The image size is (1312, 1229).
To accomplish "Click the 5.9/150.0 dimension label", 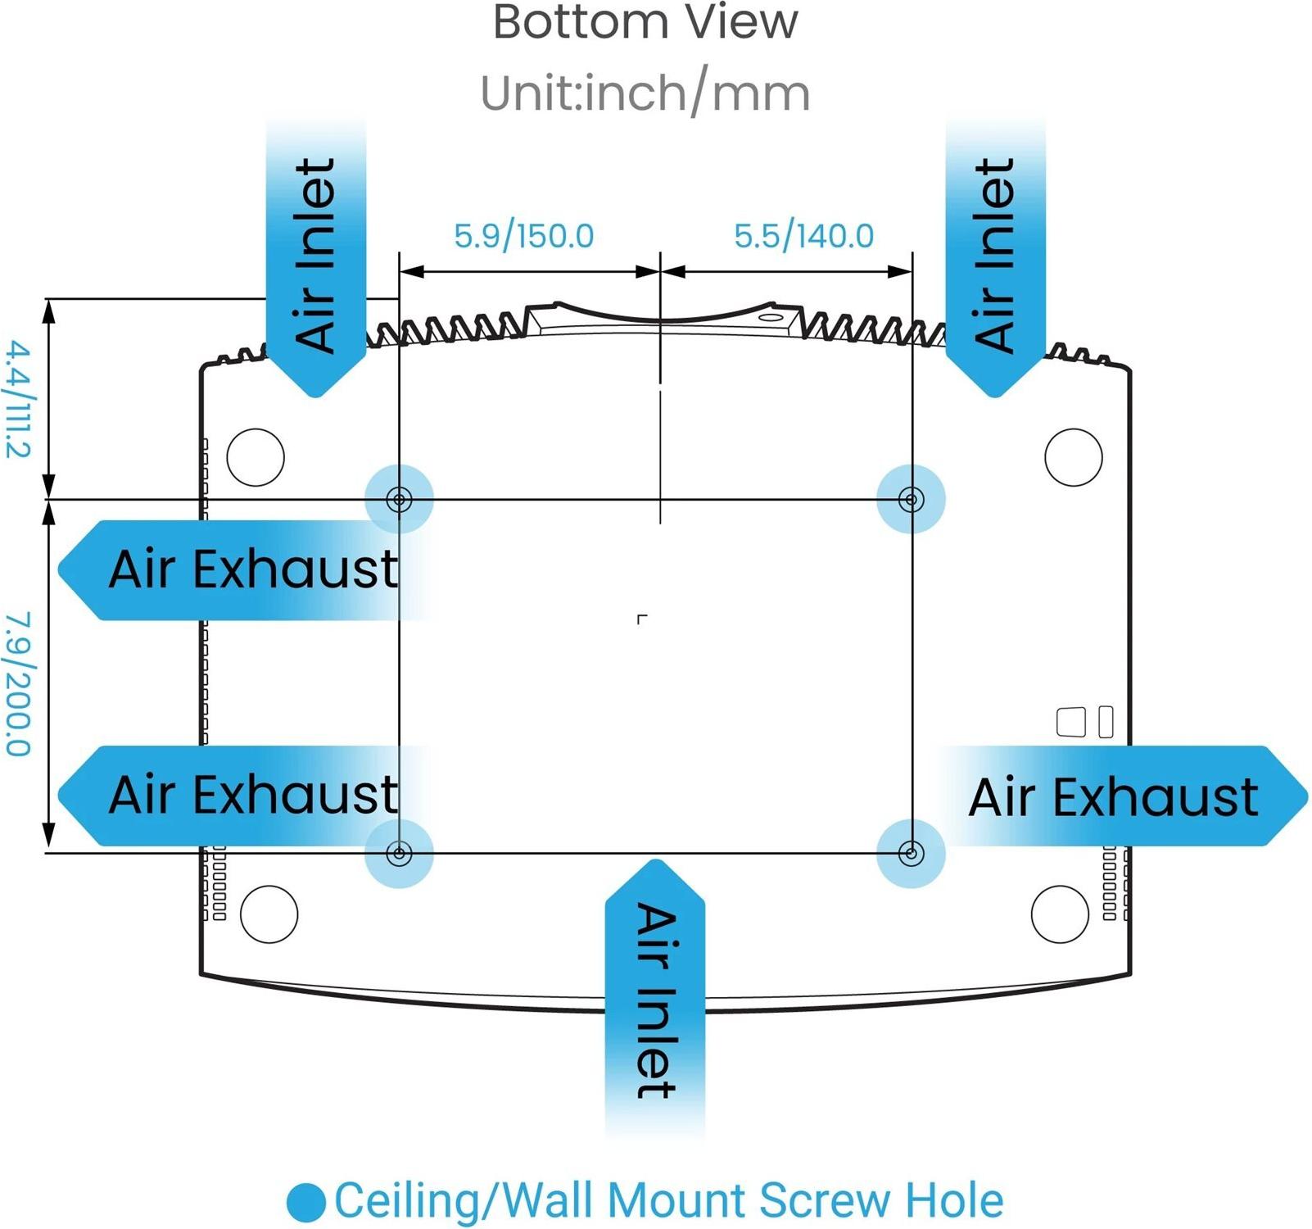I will coord(523,236).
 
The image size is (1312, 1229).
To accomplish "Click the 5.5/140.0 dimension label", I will coord(803,236).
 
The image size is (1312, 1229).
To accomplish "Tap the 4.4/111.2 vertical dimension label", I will coord(18,399).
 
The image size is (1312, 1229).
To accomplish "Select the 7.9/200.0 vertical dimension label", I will coord(18,683).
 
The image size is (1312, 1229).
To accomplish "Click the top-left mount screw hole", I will coord(399,499).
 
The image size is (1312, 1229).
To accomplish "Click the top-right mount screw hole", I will coord(911,499).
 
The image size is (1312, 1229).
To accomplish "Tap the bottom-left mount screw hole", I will coord(399,853).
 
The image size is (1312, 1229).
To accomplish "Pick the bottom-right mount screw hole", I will coord(911,853).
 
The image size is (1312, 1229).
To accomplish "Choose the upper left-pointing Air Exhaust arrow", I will coord(238,569).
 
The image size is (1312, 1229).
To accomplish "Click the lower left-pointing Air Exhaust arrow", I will coord(238,795).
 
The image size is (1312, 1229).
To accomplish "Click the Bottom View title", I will coord(645,22).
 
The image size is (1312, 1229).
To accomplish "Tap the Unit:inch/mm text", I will coord(645,93).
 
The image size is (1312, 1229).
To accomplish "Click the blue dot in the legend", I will coord(306,1202).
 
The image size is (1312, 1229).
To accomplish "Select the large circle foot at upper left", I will coord(256,456).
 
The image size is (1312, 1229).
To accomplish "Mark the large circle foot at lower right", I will coord(1060,914).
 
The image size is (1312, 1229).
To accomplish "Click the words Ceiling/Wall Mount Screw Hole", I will coord(668,1201).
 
